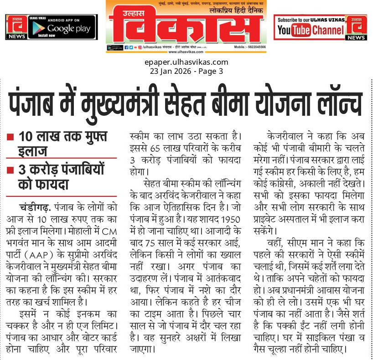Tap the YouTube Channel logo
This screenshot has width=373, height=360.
pyautogui.click(x=310, y=31)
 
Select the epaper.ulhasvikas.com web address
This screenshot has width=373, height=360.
pyautogui.click(x=186, y=62)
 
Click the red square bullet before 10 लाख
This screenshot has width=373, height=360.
pyautogui.click(x=10, y=136)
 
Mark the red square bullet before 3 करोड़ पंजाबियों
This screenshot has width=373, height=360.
pyautogui.click(x=10, y=170)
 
